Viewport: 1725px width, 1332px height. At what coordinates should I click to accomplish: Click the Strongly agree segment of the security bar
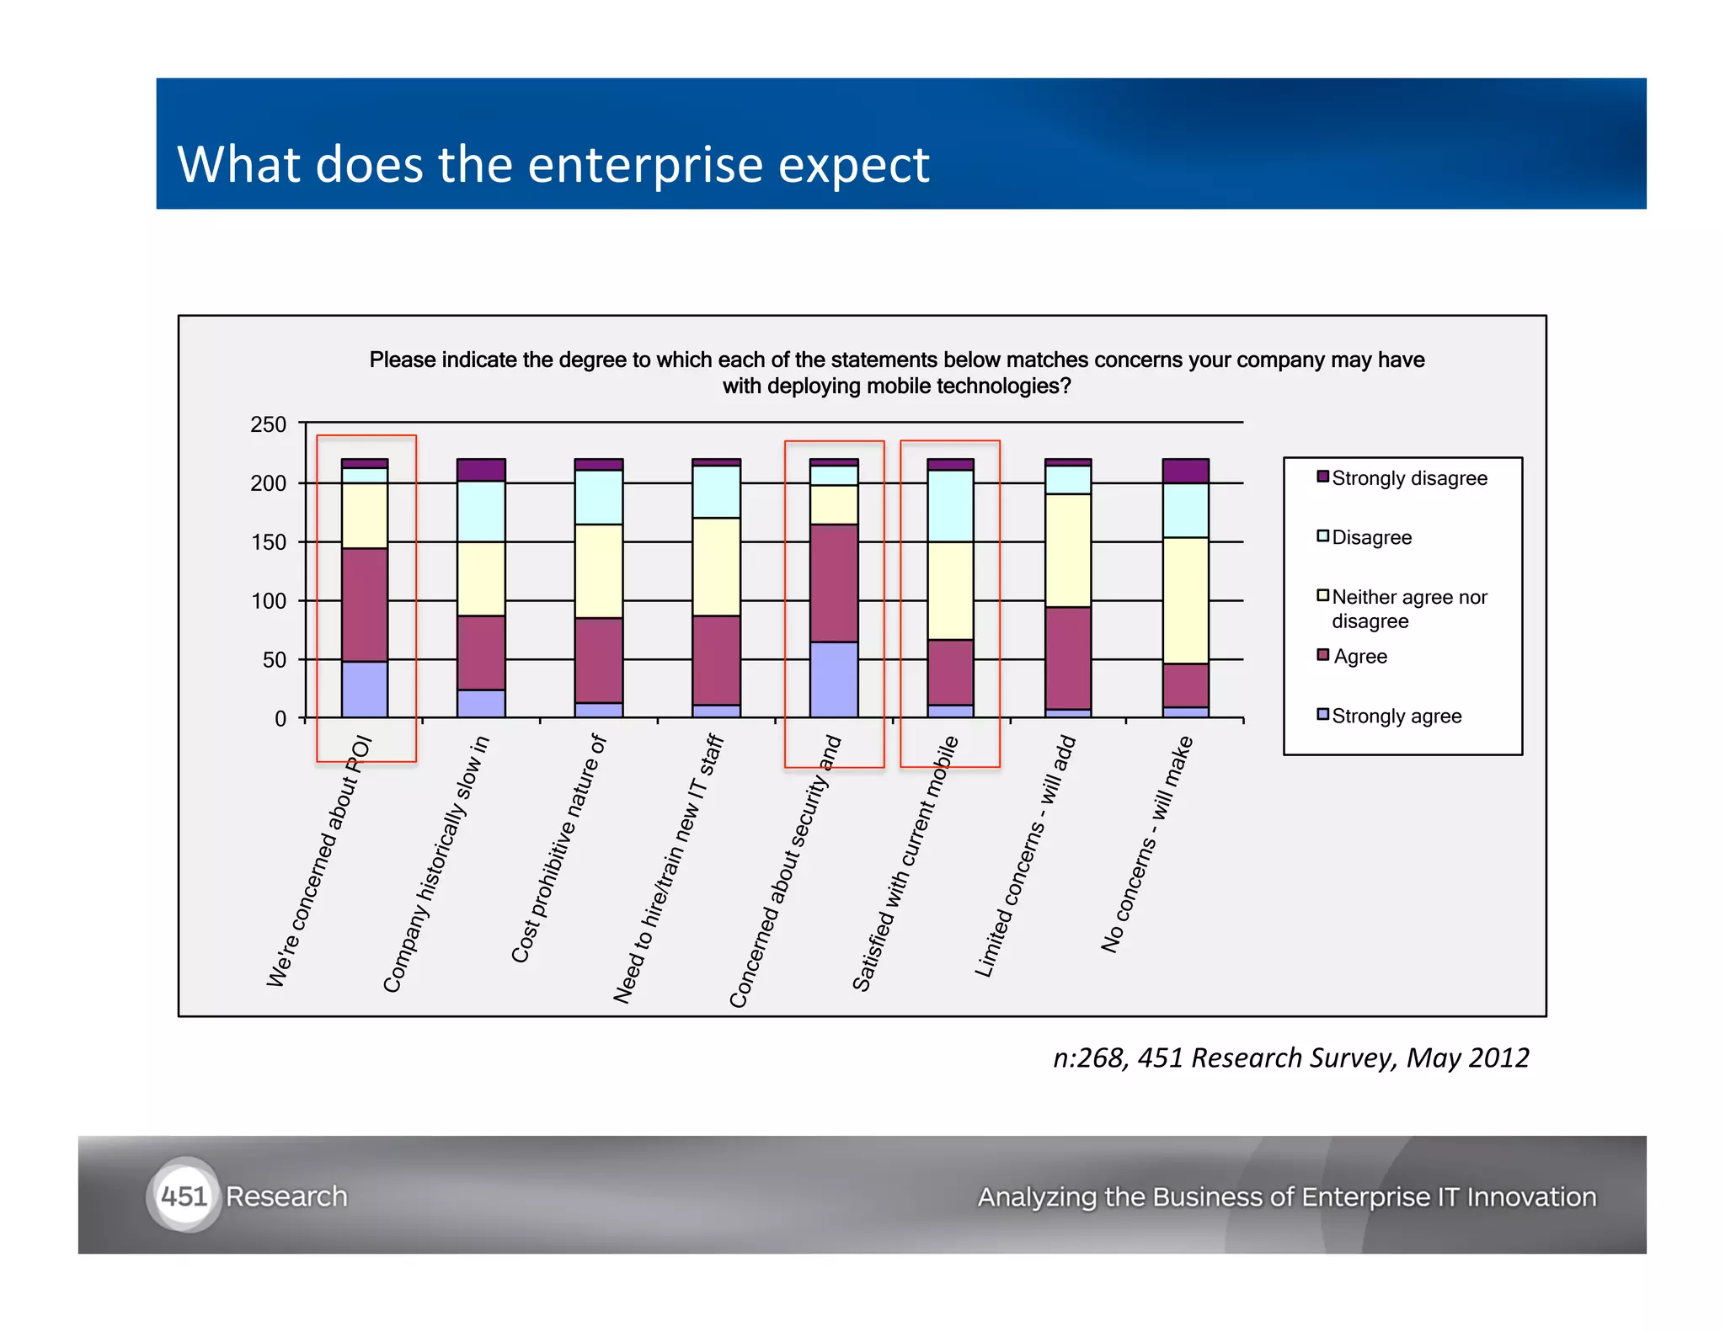[833, 679]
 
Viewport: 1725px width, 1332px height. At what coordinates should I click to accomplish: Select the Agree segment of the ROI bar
[364, 605]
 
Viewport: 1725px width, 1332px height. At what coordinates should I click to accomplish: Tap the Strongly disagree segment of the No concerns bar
[1185, 471]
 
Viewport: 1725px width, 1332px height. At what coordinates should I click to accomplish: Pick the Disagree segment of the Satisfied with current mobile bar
[949, 505]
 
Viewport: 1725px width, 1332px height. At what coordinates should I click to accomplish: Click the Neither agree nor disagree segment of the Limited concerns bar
[1067, 550]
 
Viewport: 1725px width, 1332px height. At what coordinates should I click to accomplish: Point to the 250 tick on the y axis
[268, 424]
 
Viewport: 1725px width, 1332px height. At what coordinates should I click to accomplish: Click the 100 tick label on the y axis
[268, 601]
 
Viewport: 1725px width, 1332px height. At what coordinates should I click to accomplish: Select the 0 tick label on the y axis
[280, 719]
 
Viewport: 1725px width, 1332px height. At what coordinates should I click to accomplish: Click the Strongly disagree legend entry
[1408, 478]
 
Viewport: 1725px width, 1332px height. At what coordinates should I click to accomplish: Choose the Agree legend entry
[1359, 657]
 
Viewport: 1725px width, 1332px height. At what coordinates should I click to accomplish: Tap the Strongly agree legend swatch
[1322, 715]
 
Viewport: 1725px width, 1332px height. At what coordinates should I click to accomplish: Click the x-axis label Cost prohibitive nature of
[559, 849]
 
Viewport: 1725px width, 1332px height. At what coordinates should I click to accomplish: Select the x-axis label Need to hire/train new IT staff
[669, 869]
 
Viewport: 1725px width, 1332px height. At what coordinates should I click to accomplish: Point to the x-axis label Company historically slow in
[435, 864]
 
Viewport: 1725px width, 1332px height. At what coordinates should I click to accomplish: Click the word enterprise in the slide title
[644, 164]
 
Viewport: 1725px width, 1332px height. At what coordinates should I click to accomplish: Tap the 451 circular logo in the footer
[184, 1196]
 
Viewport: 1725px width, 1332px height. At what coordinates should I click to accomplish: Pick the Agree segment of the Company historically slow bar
[481, 653]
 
